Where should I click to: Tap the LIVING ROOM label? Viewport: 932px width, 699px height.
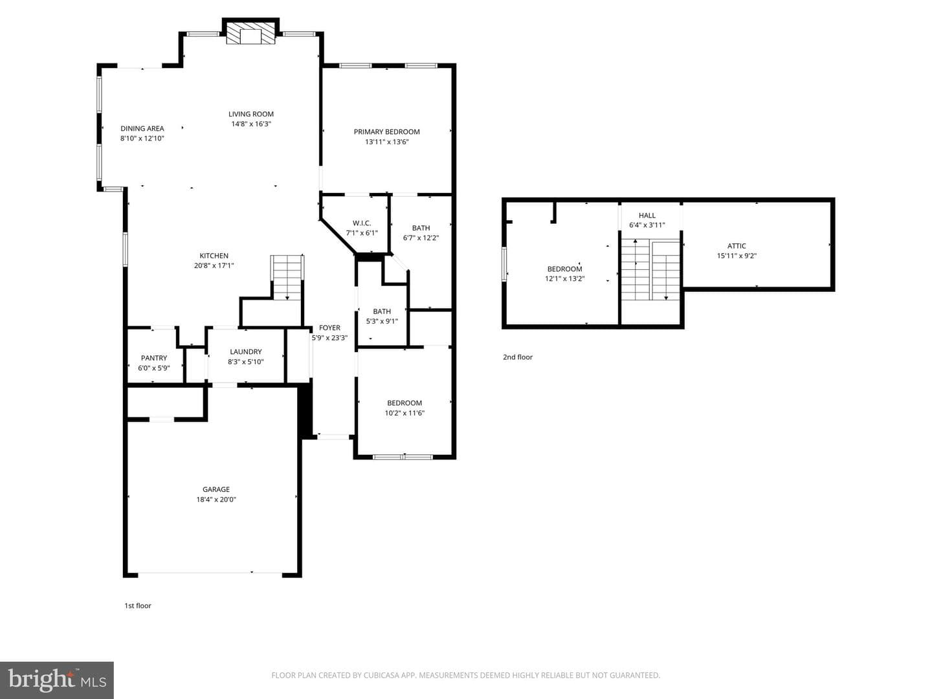(251, 114)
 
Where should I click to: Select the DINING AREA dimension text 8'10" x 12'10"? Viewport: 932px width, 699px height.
(142, 139)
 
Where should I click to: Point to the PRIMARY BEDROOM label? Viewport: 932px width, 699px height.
(387, 131)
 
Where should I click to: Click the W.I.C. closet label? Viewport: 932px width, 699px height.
(362, 223)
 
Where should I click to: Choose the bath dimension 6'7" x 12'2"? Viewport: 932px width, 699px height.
(421, 238)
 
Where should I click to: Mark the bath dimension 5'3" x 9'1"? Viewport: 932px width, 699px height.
(382, 321)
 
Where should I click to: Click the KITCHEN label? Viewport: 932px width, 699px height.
(214, 256)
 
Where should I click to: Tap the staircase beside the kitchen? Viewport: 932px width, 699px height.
(287, 278)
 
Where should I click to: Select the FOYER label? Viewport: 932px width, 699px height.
(329, 327)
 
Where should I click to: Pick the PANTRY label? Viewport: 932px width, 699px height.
(154, 358)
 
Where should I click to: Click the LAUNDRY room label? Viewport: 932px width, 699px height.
(246, 351)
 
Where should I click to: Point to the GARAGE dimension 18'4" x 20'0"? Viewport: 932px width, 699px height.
(216, 500)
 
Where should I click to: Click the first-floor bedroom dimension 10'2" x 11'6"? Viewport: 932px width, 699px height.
(405, 413)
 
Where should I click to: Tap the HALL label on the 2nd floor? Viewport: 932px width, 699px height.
(647, 215)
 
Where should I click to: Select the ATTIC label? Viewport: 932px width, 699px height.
(737, 246)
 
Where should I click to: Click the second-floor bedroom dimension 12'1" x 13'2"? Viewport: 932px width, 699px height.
(565, 279)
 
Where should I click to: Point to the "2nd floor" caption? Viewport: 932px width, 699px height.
(518, 357)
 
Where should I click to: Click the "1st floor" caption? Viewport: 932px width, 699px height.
(138, 606)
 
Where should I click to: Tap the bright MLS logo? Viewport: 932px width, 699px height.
(57, 680)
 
